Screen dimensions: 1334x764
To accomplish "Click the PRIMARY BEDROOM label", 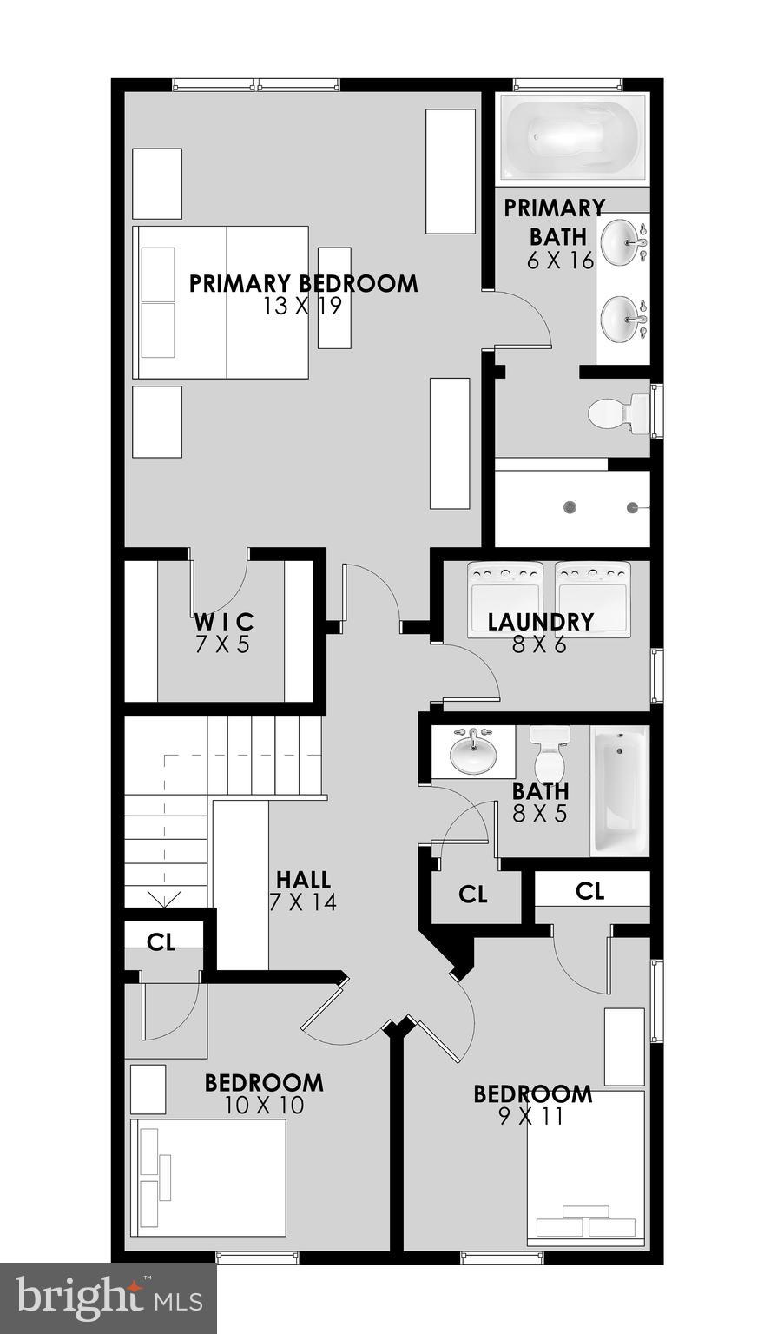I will tap(303, 283).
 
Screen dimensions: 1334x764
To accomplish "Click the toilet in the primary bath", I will tap(618, 414).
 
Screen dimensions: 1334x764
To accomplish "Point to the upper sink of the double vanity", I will tap(622, 244).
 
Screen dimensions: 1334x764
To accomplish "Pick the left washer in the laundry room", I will tap(504, 599).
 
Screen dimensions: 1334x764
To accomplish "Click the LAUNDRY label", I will tap(540, 622).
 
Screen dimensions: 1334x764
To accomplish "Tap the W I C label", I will tap(223, 622).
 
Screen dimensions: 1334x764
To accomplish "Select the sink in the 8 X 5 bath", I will tap(473, 752).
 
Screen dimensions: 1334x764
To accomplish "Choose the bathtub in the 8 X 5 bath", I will tap(619, 790).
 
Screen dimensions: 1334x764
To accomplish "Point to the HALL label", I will tap(303, 881).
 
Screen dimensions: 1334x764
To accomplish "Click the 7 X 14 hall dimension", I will tap(303, 902).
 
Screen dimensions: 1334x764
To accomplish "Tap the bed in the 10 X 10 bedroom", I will tap(208, 1177).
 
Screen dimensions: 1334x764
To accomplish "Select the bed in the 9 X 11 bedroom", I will tap(586, 1168).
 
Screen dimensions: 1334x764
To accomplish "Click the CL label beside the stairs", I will tap(161, 943).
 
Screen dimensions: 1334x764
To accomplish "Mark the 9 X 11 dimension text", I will tap(531, 1117).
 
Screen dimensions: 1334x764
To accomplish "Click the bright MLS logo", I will tap(109, 1298).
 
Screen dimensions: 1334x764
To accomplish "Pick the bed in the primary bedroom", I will tap(221, 302).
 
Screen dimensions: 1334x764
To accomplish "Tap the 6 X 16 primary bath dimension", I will tap(560, 260).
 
